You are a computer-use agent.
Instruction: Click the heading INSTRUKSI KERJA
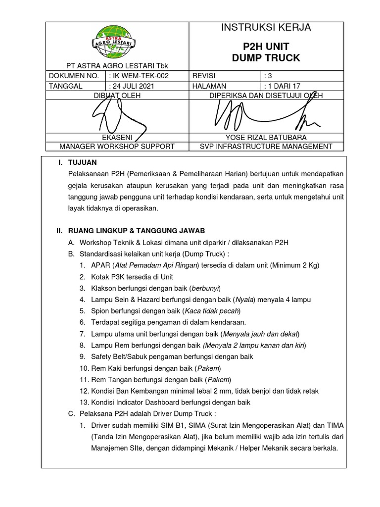point(266,28)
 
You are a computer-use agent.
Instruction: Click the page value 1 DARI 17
point(285,86)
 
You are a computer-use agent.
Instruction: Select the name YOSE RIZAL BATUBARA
point(266,137)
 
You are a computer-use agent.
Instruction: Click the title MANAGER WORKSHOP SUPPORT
point(117,146)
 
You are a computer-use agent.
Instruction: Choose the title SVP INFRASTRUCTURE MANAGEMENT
point(266,146)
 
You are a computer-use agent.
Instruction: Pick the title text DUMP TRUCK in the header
point(266,58)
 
